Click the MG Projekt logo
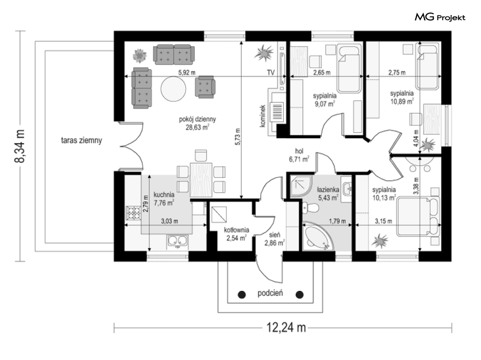pyautogui.click(x=440, y=18)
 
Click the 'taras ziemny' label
pyautogui.click(x=81, y=140)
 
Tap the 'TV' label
pyautogui.click(x=271, y=73)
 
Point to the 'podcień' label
pyautogui.click(x=270, y=292)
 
